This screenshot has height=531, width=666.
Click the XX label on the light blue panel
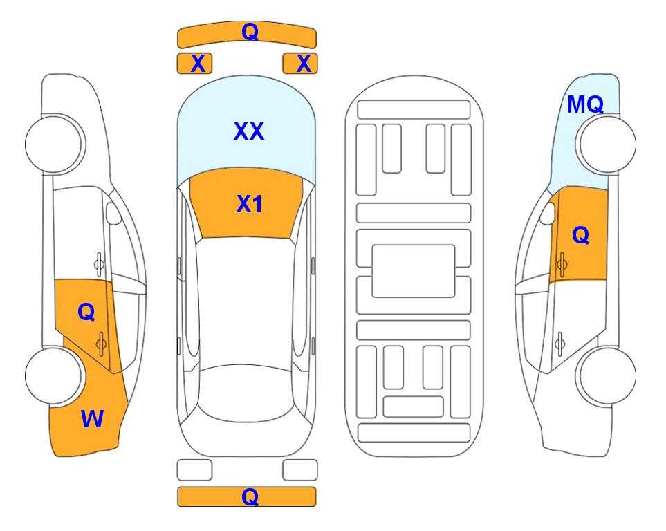[x=249, y=131]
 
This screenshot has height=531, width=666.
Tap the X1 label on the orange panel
[x=250, y=204]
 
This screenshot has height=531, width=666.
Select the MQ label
[x=586, y=104]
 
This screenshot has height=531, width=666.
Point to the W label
[x=92, y=419]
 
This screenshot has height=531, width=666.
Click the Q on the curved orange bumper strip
[x=250, y=31]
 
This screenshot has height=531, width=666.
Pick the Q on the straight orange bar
[x=250, y=496]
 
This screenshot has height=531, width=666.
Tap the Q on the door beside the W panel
[x=86, y=313]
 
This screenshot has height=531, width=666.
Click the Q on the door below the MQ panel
[x=581, y=235]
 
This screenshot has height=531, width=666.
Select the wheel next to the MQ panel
[x=606, y=145]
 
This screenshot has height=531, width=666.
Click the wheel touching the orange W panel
[x=54, y=376]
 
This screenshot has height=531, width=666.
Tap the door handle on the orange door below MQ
[x=562, y=264]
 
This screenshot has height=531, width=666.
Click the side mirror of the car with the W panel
[x=113, y=213]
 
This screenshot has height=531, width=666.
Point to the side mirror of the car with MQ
[x=548, y=213]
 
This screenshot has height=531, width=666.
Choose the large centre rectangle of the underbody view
[x=414, y=271]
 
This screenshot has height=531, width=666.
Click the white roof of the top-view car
[x=245, y=301]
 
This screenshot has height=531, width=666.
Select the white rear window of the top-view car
[x=246, y=393]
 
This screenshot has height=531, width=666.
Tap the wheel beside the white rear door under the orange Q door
[x=606, y=376]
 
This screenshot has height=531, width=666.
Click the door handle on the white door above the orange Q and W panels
[x=99, y=264]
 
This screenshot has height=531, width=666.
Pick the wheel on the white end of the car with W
[x=54, y=145]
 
